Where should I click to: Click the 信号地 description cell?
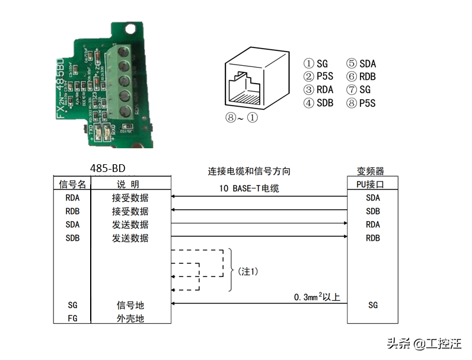point(130,305)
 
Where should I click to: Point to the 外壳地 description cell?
point(130,318)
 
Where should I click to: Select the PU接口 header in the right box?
point(372,184)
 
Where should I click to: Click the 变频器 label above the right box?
point(371,171)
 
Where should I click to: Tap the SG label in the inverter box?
point(372,305)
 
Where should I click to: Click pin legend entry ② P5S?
point(318,77)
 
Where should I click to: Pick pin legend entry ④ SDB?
point(318,103)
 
